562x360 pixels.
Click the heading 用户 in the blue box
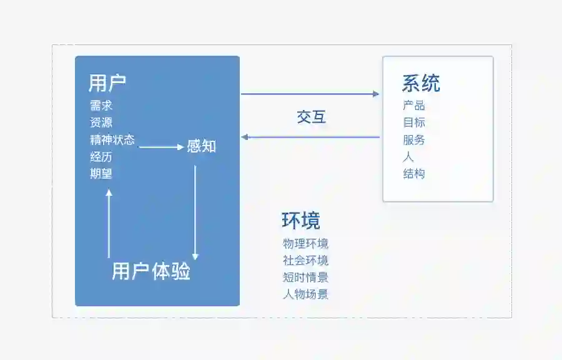tap(107, 82)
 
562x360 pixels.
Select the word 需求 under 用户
tap(101, 106)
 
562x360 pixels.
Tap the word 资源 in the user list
tap(101, 122)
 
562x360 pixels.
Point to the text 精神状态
tap(112, 139)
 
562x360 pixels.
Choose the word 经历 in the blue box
tap(101, 157)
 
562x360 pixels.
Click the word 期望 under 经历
tap(101, 174)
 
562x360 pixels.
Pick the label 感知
tap(201, 147)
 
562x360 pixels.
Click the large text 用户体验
tap(151, 272)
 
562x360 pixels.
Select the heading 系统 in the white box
tap(421, 83)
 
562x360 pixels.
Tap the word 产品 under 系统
tap(414, 106)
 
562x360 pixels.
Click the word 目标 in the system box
tap(414, 122)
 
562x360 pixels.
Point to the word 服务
tap(414, 140)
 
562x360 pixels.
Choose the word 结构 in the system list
tap(414, 174)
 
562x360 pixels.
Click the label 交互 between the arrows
tap(311, 117)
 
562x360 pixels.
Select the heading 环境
tap(300, 221)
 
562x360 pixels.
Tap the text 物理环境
tap(305, 244)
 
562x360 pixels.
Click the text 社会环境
tap(305, 261)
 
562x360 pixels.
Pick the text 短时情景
tap(305, 277)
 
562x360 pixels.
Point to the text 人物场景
tap(305, 294)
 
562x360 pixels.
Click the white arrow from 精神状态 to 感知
tap(160, 147)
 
